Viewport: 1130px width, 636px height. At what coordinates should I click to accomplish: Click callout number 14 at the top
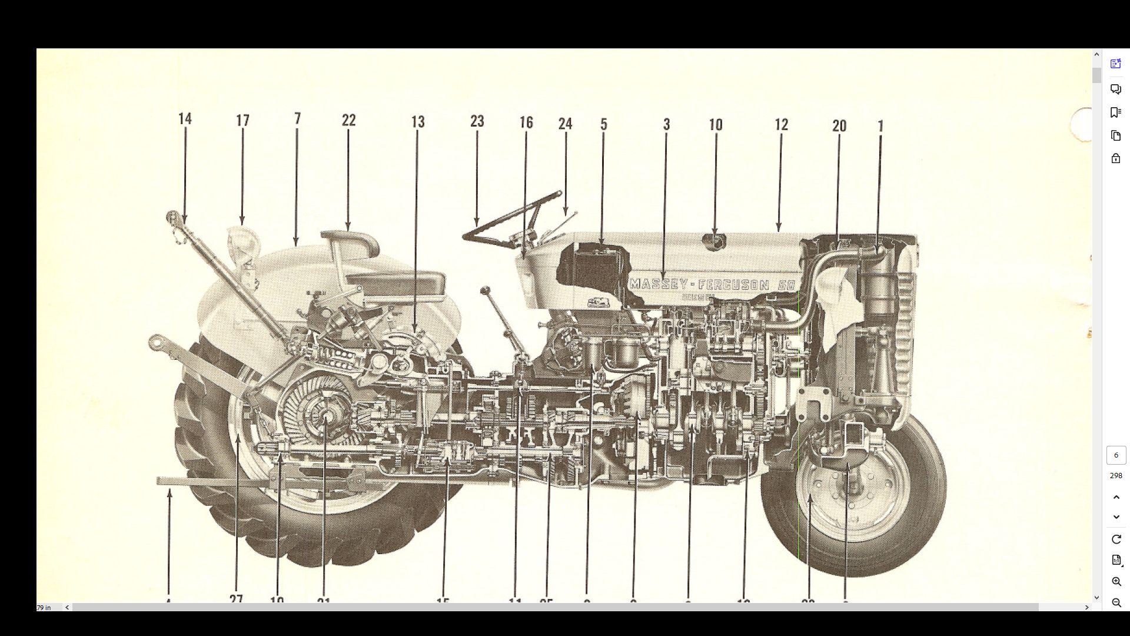coord(185,119)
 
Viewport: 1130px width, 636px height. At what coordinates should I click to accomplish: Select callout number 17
coord(242,121)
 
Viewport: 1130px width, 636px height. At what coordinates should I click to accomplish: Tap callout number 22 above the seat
coord(348,120)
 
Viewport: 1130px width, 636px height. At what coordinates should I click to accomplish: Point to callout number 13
coord(418,122)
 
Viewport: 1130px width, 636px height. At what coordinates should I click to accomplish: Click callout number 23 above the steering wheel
coord(477,121)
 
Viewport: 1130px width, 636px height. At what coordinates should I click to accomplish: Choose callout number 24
coord(565,124)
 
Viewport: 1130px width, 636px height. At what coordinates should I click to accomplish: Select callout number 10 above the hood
coord(715,125)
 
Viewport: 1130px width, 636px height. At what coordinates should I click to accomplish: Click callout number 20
coord(839,126)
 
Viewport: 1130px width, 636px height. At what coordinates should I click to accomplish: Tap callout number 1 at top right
coord(880,126)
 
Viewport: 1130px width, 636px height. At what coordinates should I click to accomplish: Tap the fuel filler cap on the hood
coord(715,240)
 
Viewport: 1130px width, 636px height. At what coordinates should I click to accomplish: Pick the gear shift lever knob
coord(486,290)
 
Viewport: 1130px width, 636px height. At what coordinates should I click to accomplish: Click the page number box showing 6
coord(1116,455)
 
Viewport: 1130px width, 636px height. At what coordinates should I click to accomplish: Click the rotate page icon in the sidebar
coord(1116,539)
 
